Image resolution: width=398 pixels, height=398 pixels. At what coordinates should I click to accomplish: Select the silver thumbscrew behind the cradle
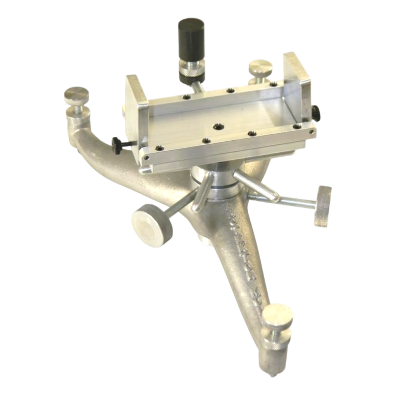click(260, 67)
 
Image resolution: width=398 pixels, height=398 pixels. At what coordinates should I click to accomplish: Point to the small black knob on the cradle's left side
click(117, 145)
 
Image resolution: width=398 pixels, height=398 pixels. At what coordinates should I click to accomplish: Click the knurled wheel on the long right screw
click(323, 205)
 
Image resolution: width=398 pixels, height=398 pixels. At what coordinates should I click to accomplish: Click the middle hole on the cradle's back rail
click(230, 91)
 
